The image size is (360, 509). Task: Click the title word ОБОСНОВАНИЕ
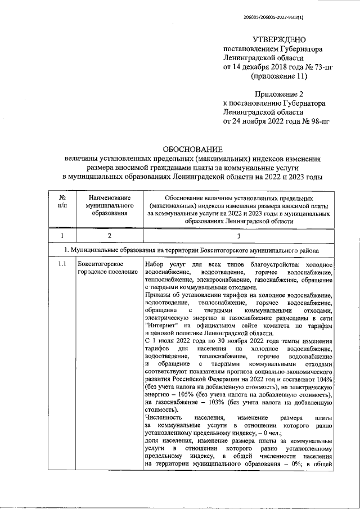pyautogui.click(x=192, y=150)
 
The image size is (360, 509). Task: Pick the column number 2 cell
pyautogui.click(x=109, y=235)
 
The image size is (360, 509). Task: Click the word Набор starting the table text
pyautogui.click(x=155, y=264)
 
